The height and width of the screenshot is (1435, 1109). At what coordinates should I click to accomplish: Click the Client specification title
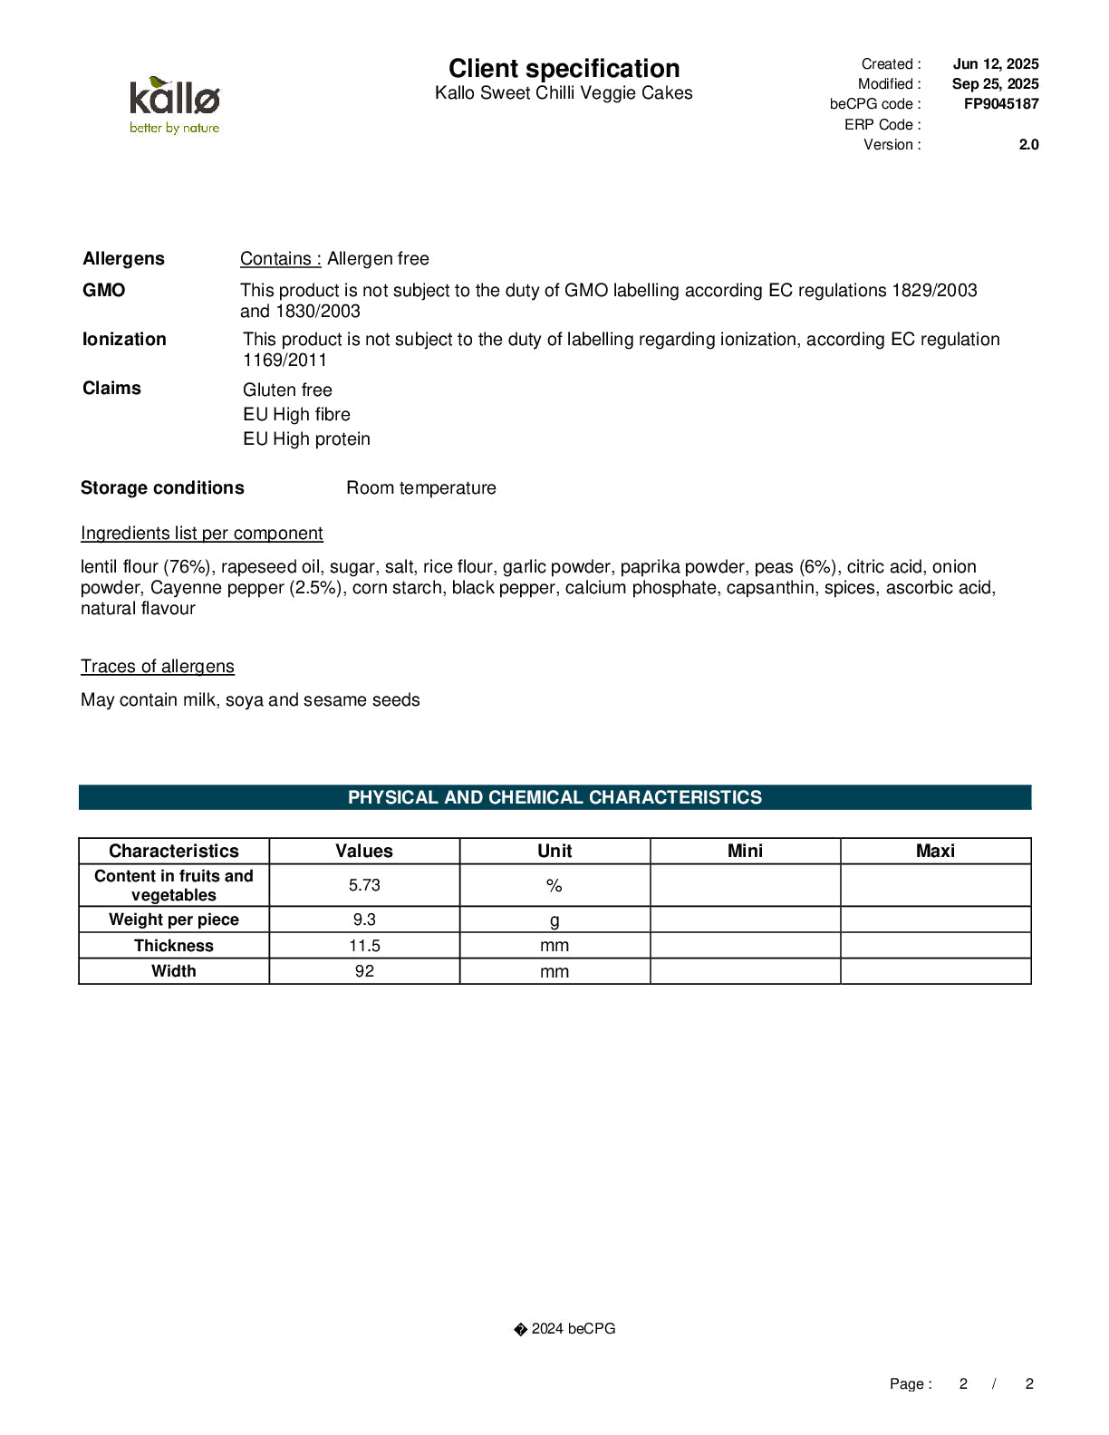pos(564,69)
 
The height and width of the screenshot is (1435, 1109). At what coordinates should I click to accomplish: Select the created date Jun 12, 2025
pos(995,64)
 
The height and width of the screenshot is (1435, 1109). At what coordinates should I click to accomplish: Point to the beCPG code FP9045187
pos(1000,104)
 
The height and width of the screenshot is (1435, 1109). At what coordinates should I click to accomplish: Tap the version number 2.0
pos(1028,145)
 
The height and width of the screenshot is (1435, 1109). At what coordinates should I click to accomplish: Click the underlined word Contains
pos(280,259)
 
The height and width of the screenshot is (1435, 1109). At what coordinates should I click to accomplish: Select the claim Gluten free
pos(287,390)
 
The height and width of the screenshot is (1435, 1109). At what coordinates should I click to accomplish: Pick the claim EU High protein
pos(306,439)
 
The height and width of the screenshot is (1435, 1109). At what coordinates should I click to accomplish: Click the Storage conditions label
pos(162,488)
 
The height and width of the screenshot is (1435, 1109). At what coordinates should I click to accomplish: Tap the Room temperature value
pos(421,488)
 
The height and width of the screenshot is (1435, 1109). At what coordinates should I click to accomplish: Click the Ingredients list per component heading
pos(201,534)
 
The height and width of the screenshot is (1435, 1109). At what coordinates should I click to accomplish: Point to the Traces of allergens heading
pos(157,667)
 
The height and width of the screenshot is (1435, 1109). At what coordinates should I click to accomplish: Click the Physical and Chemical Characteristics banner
pos(554,798)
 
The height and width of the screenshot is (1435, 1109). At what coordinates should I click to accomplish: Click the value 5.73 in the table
pos(364,886)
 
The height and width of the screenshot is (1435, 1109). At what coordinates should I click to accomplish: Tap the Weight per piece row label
pos(174,920)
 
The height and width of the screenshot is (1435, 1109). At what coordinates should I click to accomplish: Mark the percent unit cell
pos(554,886)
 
